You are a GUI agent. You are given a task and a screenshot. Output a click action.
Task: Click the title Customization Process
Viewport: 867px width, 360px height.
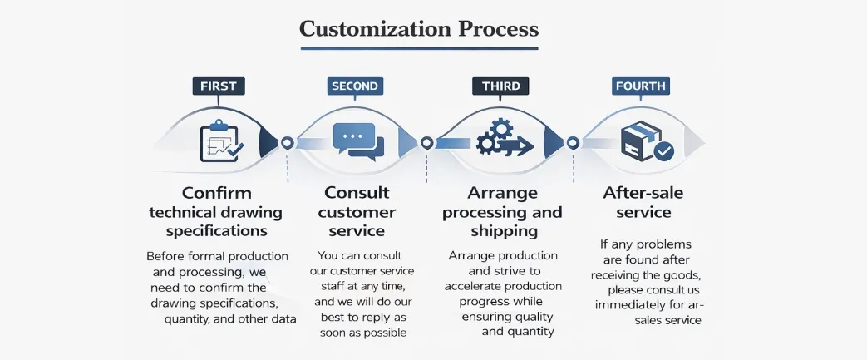[x=419, y=29]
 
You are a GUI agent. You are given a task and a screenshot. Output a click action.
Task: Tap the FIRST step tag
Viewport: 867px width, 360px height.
[x=218, y=86]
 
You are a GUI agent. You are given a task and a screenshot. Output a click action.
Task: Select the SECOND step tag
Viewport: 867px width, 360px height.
[x=355, y=86]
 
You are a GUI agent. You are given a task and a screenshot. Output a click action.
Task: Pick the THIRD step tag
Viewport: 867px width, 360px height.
[x=500, y=86]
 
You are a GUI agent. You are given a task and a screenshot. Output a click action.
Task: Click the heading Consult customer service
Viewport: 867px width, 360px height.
[x=357, y=212]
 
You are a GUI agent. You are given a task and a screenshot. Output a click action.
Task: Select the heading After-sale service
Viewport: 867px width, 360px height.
[x=643, y=202]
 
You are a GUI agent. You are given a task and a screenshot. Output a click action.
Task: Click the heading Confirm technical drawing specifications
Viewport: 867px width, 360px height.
[x=216, y=212]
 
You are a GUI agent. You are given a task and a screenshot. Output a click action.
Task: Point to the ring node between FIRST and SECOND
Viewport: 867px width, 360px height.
[x=287, y=143]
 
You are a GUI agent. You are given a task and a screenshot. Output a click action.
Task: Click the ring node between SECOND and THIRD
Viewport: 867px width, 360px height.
[x=426, y=143]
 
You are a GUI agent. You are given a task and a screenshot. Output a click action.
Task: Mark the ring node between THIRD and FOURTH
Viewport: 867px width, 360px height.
[x=572, y=143]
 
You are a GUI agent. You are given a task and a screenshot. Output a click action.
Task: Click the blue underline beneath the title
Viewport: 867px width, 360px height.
[x=419, y=49]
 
